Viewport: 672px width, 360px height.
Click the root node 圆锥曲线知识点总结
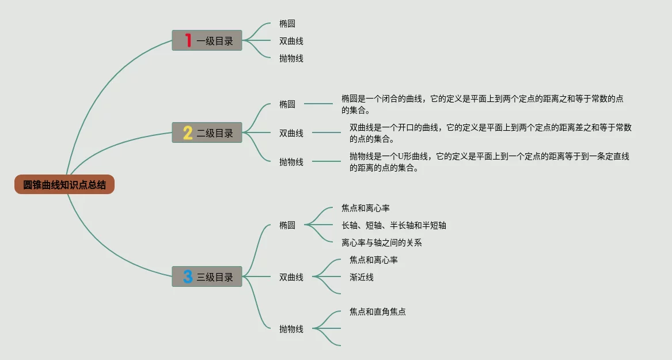coord(64,185)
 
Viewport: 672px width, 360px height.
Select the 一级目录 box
coord(207,40)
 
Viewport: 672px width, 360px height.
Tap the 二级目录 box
coord(207,133)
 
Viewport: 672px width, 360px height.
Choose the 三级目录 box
coord(207,277)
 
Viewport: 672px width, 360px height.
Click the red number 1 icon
coord(188,40)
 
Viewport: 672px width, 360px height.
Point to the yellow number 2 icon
coord(188,133)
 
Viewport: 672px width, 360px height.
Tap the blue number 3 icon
coord(188,277)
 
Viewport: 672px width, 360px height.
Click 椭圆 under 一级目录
coord(287,24)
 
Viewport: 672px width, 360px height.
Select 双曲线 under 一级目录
coord(291,41)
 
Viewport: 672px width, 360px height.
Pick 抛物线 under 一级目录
coord(291,58)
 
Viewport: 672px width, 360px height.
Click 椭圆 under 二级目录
coord(287,104)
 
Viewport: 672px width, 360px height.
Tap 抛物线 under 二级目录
coord(291,162)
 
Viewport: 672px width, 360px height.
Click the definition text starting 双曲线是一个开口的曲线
coord(490,133)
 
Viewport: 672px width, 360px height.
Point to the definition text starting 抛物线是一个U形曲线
coord(489,162)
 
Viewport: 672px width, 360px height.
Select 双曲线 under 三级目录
coord(291,277)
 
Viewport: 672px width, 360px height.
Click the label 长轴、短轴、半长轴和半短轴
coord(393,225)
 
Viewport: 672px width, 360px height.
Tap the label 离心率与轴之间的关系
coord(381,242)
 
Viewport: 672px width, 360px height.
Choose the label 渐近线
coord(362,277)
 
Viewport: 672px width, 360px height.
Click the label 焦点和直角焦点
coord(377,312)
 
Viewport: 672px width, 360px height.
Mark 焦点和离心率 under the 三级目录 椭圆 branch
coord(365,208)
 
